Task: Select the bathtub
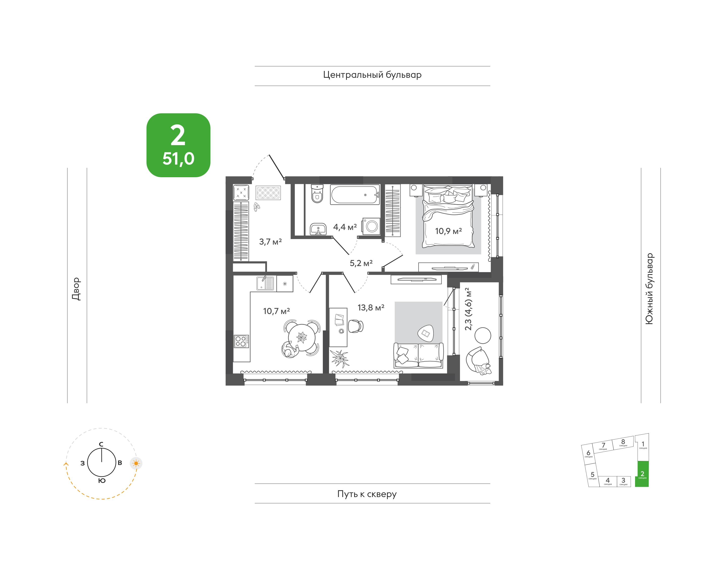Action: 355,194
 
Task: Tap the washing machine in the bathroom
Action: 371,226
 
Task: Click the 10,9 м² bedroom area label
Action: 448,231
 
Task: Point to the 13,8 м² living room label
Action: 371,307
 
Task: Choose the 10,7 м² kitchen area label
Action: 276,311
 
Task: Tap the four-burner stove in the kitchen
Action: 241,341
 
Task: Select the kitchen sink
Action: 265,283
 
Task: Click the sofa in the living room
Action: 419,355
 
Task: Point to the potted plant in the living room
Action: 339,358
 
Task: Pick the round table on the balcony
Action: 483,335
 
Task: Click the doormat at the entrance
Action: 268,193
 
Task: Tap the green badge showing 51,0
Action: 178,145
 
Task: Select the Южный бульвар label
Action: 649,289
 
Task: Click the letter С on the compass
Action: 101,444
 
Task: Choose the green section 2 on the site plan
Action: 642,474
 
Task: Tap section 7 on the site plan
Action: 603,446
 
